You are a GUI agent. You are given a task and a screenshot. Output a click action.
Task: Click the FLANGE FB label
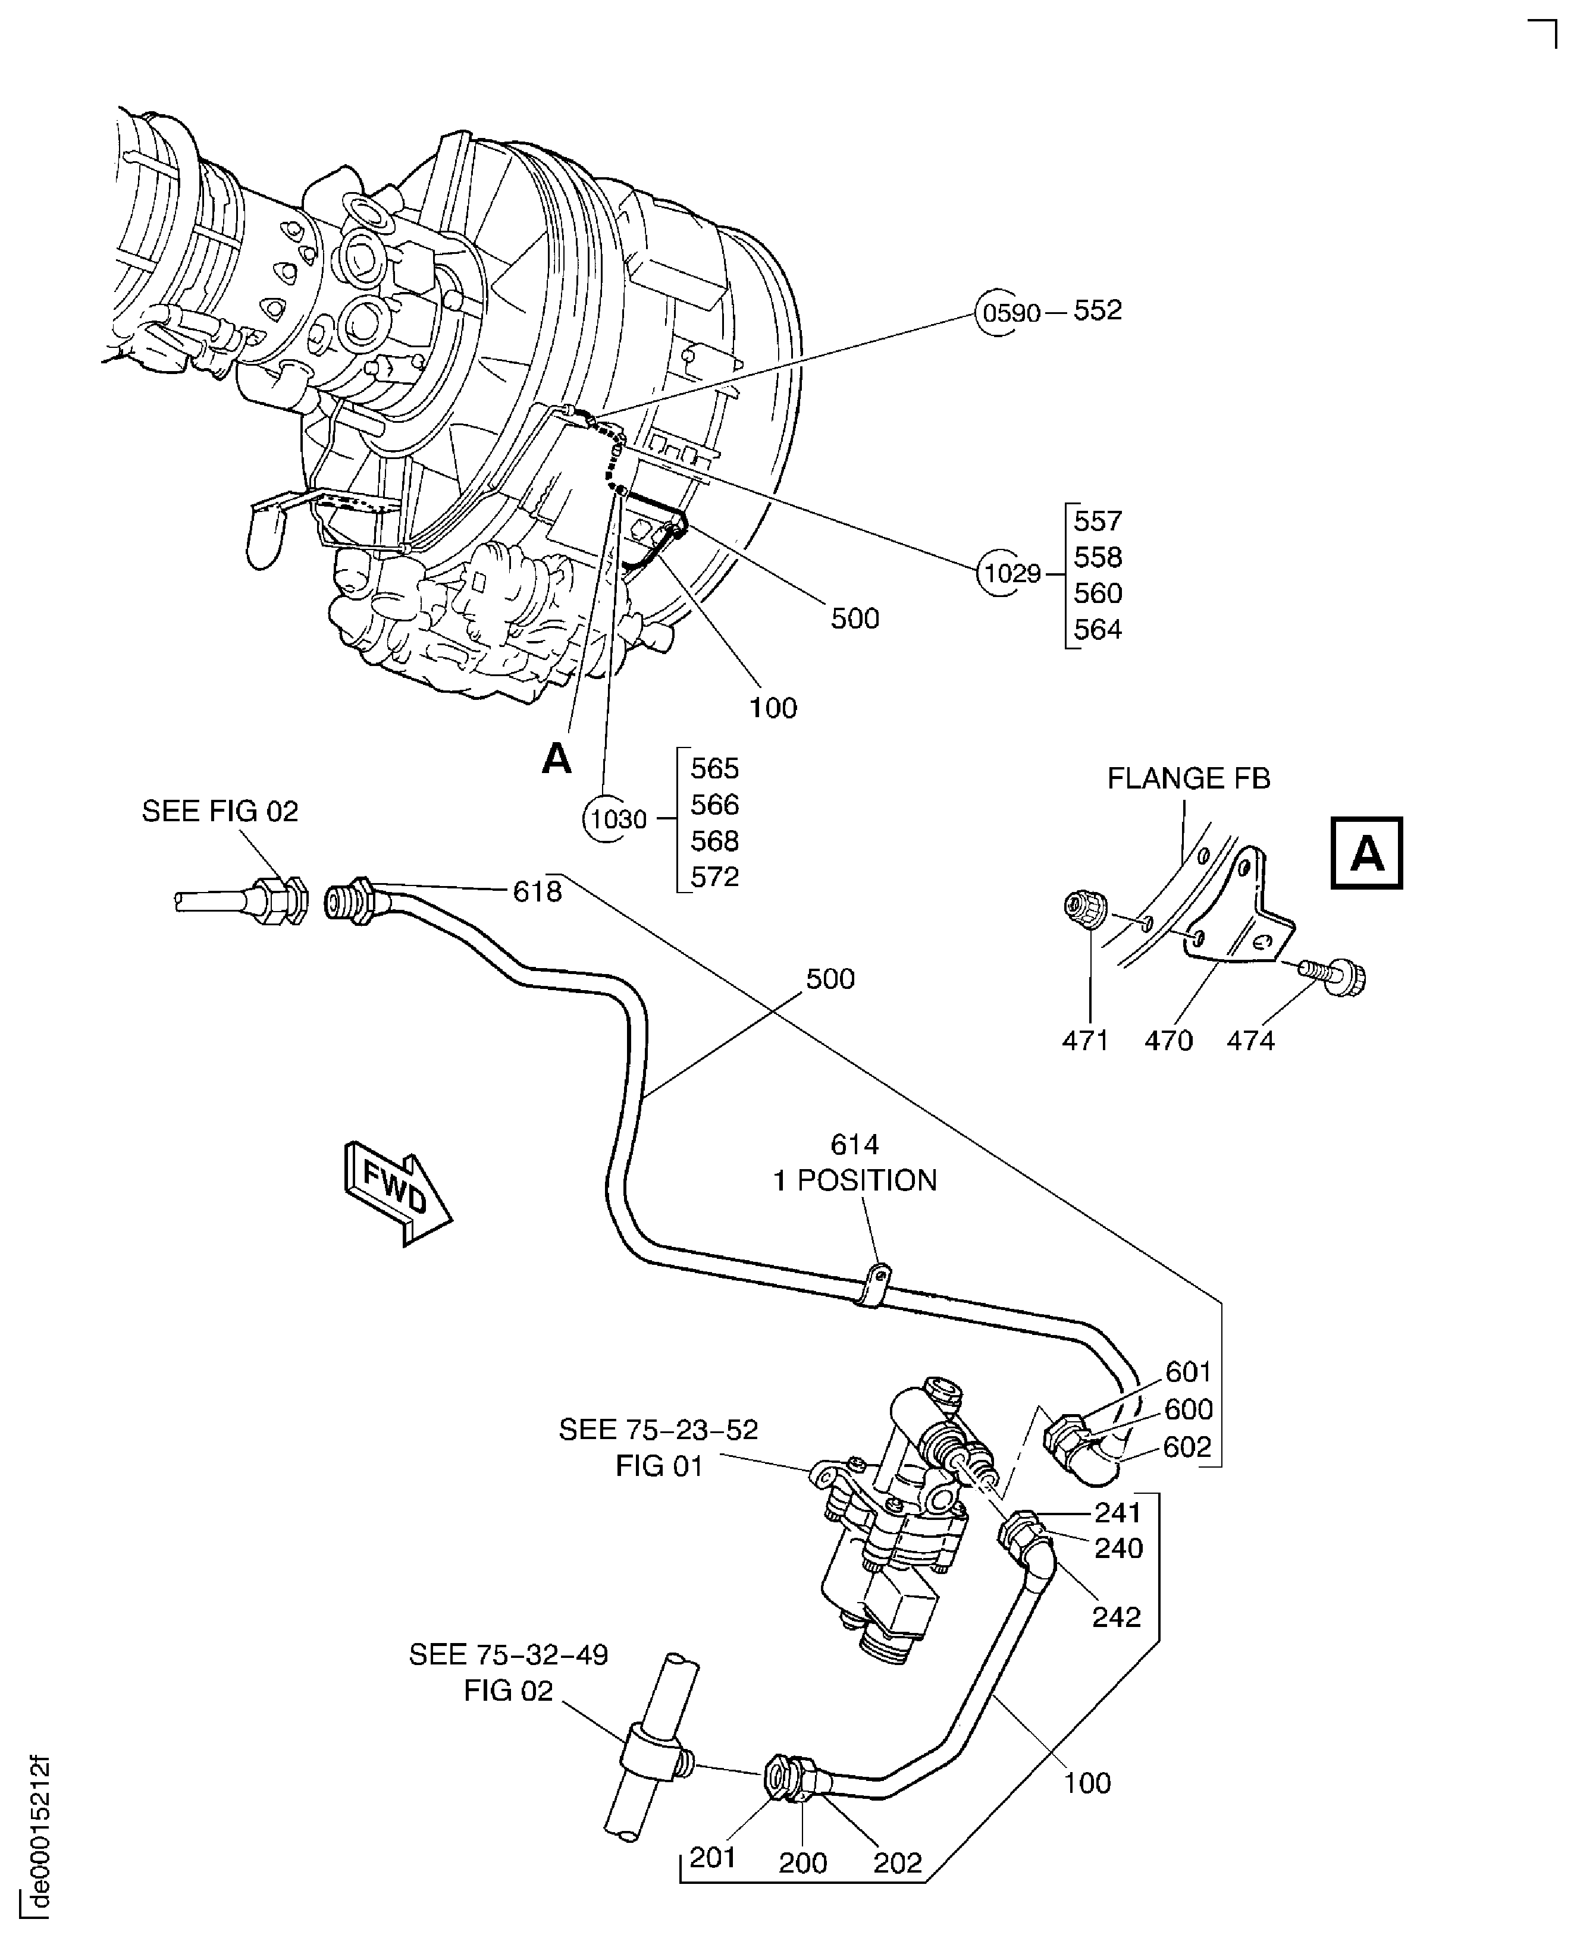[x=1187, y=778]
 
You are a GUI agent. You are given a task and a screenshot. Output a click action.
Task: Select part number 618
[x=537, y=892]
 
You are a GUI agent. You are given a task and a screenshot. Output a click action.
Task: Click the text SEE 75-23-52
[x=658, y=1430]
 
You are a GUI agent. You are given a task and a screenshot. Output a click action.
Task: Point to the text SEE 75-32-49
[x=508, y=1655]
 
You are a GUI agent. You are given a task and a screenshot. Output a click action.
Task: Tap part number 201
[x=711, y=1857]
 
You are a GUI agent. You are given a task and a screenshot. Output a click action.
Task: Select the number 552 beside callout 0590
[x=1098, y=310]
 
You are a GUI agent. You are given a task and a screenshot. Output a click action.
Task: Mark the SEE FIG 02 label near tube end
[x=220, y=811]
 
